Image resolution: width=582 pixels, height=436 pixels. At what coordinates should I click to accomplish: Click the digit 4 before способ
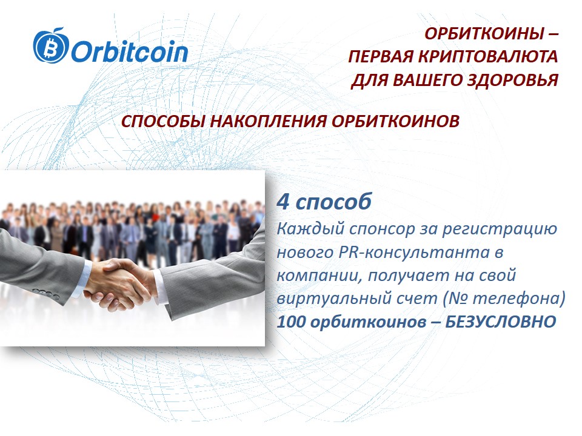(283, 202)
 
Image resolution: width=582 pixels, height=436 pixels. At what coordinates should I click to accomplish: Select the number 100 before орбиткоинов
(291, 322)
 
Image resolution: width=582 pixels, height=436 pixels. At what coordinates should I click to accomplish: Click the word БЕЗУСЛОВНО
(501, 322)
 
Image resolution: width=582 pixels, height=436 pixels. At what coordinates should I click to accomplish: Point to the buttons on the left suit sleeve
(50, 295)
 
